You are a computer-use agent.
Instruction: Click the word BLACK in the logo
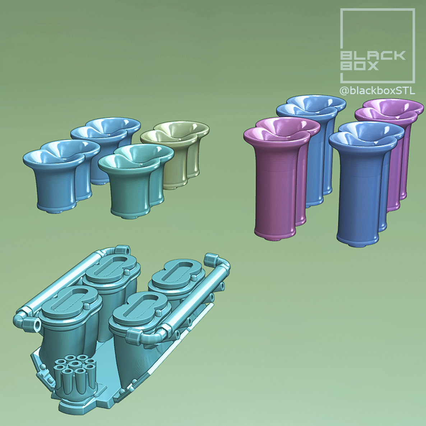(372, 55)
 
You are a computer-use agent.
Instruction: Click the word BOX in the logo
(359, 65)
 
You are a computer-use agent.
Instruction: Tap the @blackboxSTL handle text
(377, 91)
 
